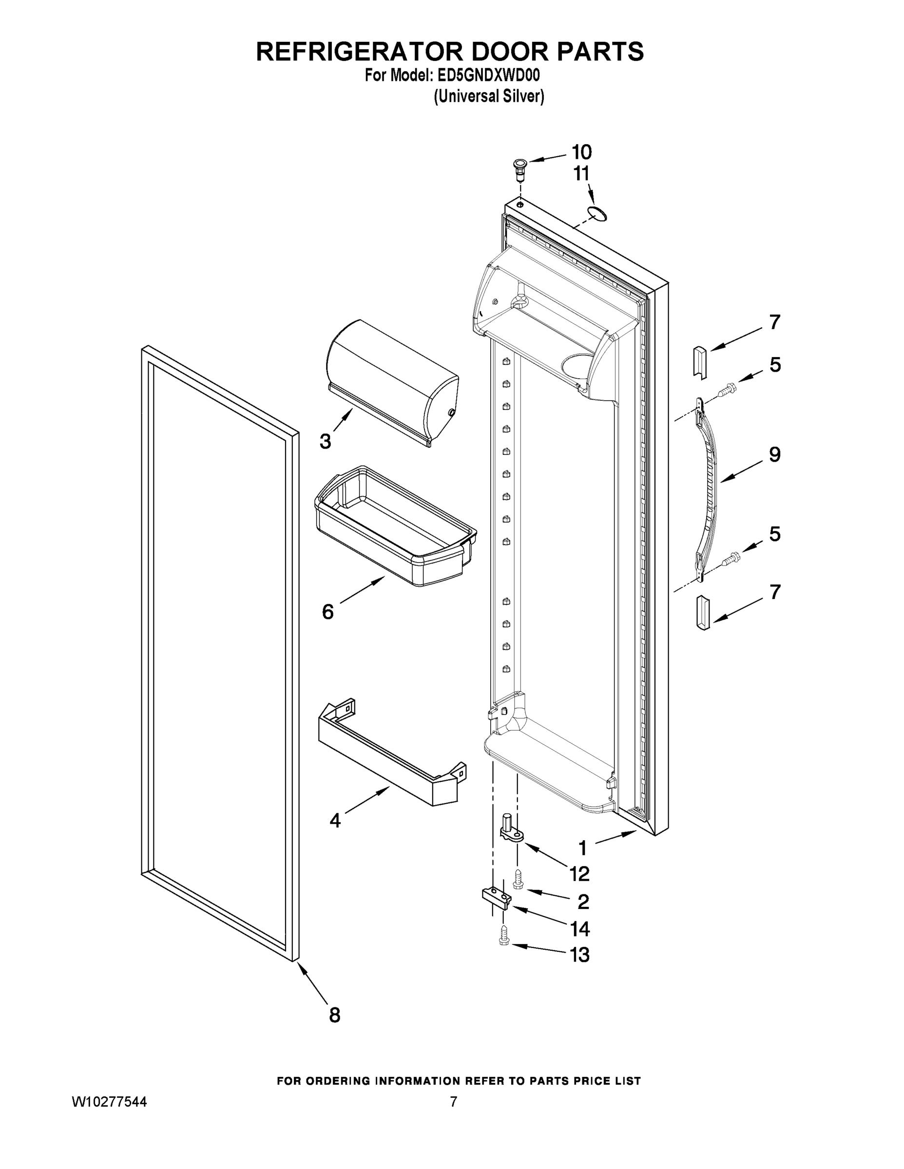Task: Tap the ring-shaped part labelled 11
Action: (596, 213)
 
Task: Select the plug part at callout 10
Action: (518, 169)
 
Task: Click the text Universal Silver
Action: (488, 96)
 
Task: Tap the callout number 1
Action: (583, 848)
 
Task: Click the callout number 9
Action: (774, 454)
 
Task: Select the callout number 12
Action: (579, 874)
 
